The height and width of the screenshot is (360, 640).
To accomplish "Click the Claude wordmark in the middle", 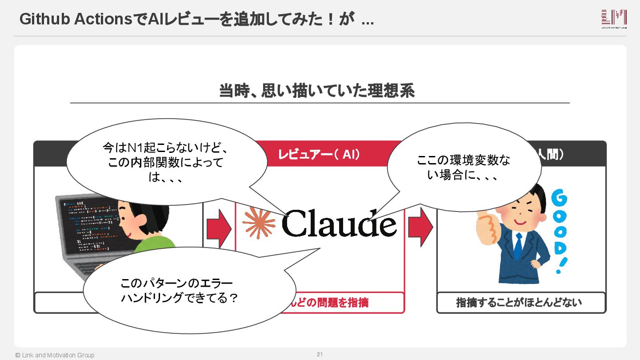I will coord(339,224).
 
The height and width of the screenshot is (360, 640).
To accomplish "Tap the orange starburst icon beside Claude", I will coord(259,223).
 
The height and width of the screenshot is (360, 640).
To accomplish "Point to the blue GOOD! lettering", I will coord(559,231).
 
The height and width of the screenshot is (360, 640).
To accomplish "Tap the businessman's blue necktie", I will coord(518,246).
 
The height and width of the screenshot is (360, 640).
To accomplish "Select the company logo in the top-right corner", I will coord(614,19).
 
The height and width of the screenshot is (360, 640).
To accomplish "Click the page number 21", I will coord(320,354).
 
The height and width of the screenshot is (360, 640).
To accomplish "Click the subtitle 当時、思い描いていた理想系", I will coord(316,91).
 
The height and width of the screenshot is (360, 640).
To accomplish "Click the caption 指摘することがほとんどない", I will coord(519,303).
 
